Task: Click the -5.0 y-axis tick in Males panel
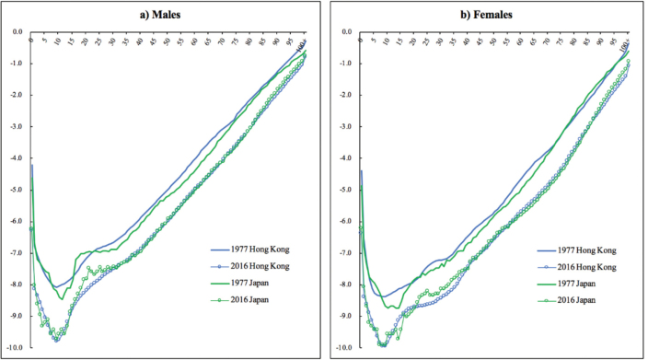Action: click(16, 190)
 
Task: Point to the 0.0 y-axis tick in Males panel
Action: click(17, 31)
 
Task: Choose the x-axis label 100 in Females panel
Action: click(625, 44)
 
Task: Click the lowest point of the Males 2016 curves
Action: click(57, 341)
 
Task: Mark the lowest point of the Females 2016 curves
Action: click(383, 345)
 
